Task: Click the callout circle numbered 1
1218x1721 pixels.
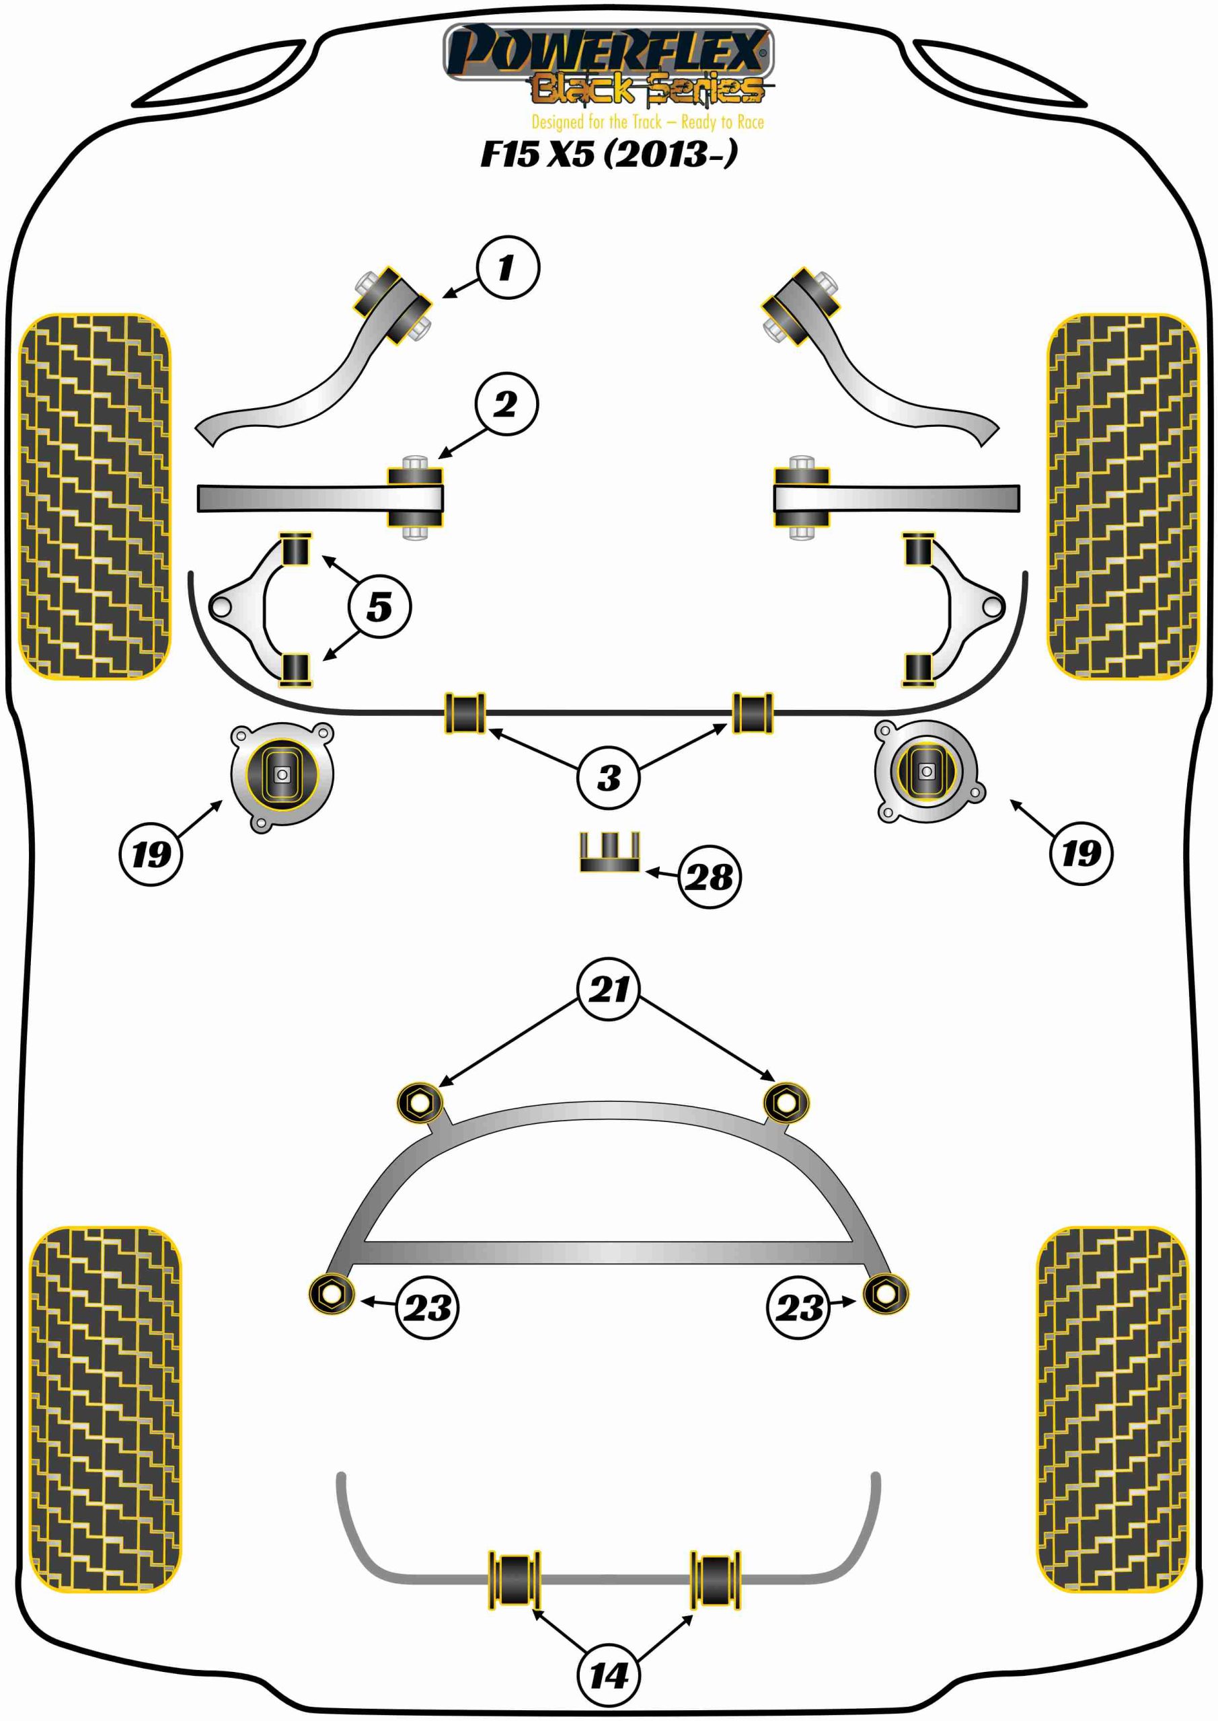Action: point(508,268)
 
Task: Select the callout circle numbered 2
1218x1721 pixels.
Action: point(506,404)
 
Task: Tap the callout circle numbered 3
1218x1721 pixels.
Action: point(608,777)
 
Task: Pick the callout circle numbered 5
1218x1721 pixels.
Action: point(379,606)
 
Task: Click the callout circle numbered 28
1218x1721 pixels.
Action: point(709,877)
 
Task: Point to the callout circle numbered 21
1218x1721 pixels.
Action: point(608,990)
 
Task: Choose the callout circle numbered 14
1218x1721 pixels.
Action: point(608,1676)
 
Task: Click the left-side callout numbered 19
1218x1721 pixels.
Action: point(151,854)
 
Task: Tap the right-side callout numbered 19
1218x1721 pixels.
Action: point(1081,853)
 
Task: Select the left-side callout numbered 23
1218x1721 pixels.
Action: point(427,1308)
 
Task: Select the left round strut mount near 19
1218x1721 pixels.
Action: point(282,775)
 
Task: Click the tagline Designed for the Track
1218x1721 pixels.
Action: point(648,122)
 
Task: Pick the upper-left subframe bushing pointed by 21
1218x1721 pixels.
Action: point(420,1103)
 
